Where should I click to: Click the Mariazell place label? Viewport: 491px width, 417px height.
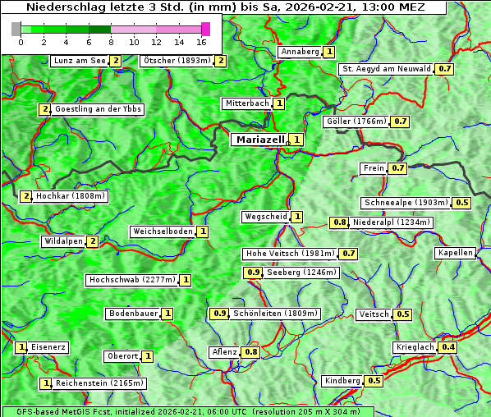260,140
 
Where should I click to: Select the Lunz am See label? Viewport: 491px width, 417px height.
79,61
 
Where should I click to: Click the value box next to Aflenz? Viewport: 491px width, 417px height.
251,352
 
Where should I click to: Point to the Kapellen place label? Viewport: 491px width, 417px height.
456,253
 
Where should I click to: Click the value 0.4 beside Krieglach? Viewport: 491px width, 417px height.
448,347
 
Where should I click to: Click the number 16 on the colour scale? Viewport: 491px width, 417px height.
202,41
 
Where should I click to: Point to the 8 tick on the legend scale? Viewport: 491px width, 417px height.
111,41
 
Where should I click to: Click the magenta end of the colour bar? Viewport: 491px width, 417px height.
205,29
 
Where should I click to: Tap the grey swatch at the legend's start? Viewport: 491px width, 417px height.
16,29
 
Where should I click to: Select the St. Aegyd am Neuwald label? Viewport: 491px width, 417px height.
387,69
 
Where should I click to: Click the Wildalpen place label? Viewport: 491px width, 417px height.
62,241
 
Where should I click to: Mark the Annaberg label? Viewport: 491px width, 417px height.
299,52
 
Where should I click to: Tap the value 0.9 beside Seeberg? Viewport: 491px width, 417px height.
254,273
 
